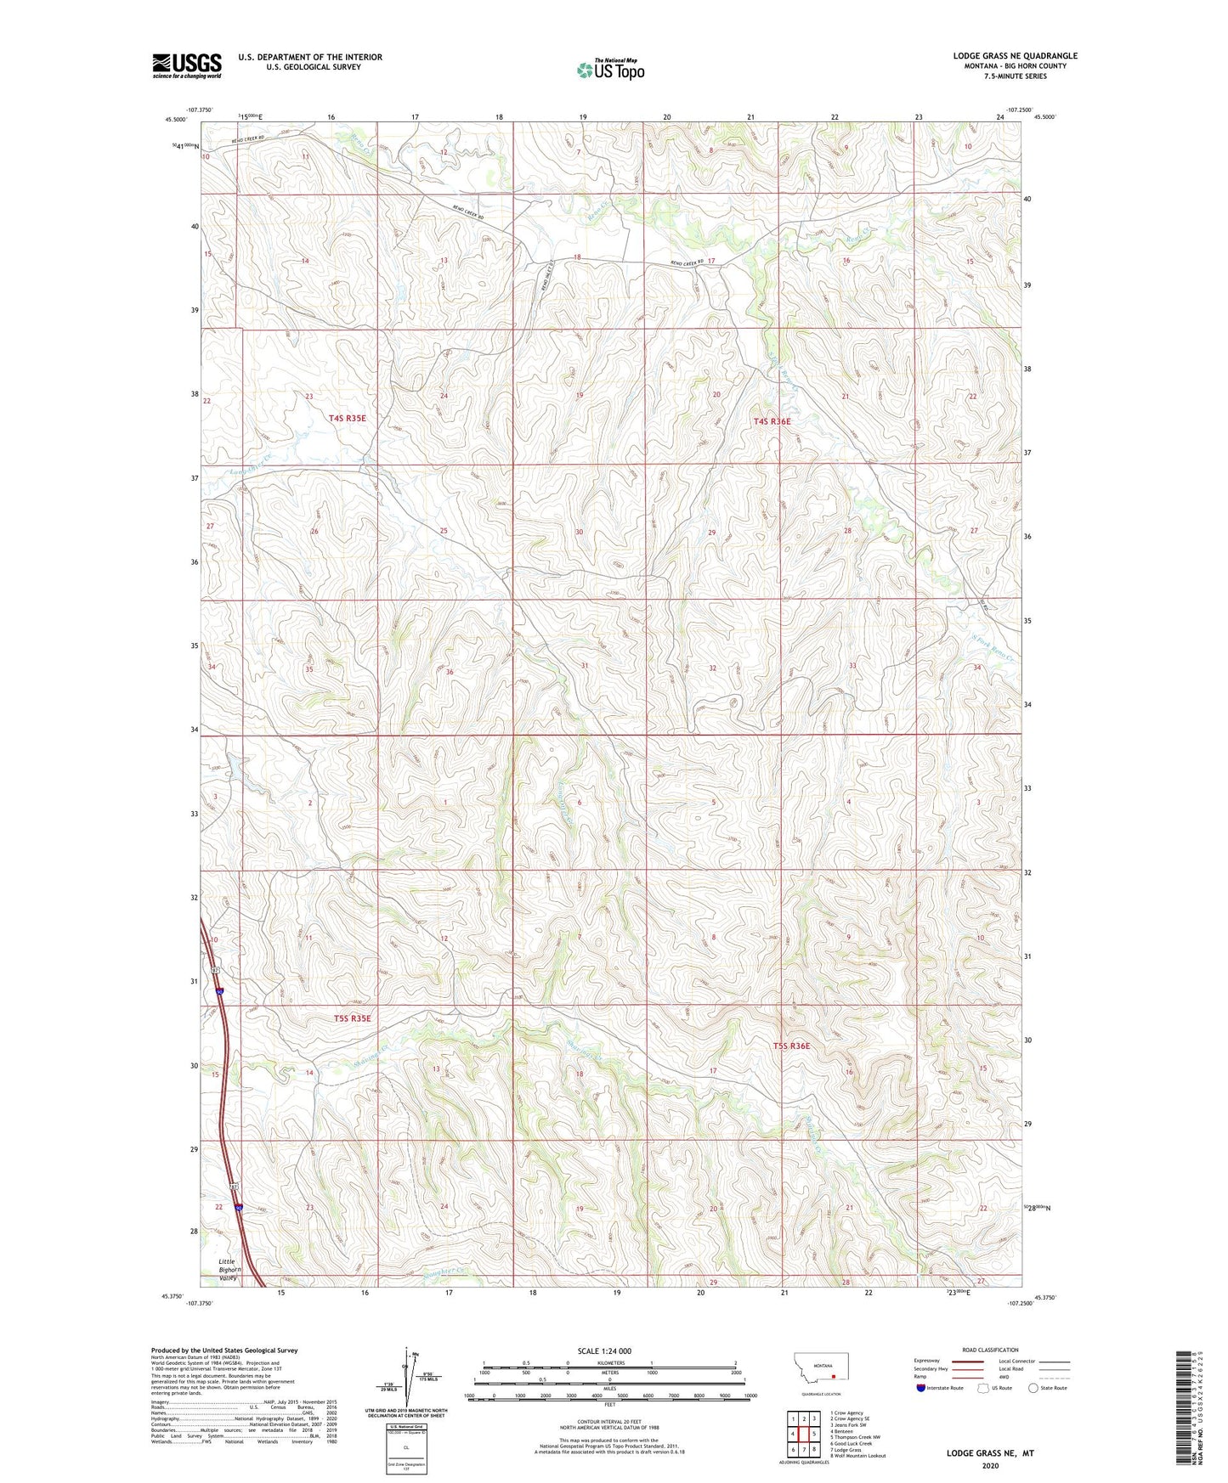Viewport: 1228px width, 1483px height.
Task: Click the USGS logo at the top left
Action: point(187,65)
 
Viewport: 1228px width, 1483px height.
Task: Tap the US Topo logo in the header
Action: point(610,70)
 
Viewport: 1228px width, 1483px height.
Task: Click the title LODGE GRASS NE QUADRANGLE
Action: point(1015,56)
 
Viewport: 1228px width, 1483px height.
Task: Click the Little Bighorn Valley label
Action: point(227,1269)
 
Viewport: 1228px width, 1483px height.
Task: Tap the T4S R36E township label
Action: point(772,421)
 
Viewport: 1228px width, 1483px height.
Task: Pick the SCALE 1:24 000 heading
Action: point(604,1350)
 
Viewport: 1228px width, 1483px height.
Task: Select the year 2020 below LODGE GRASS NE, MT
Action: point(990,1465)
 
